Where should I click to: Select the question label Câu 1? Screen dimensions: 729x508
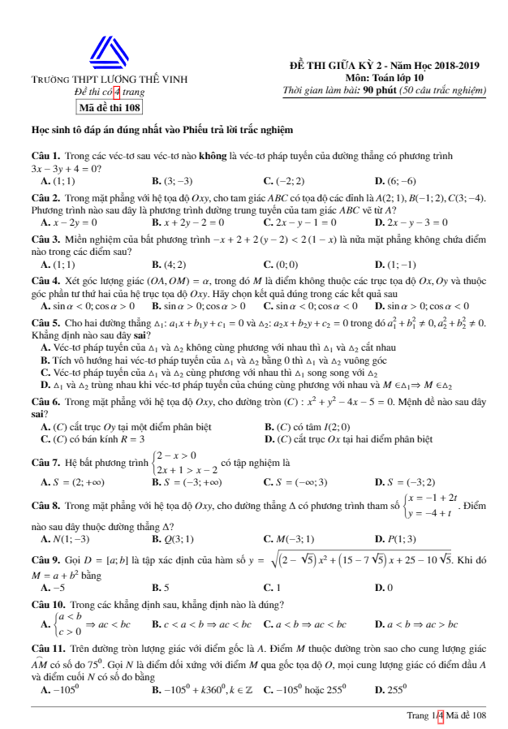(45, 154)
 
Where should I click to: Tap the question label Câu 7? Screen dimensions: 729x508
(45, 462)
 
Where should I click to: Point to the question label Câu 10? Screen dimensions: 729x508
(45, 604)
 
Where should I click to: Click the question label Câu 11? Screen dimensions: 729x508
(45, 649)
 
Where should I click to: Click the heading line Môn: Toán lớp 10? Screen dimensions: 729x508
(384, 77)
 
